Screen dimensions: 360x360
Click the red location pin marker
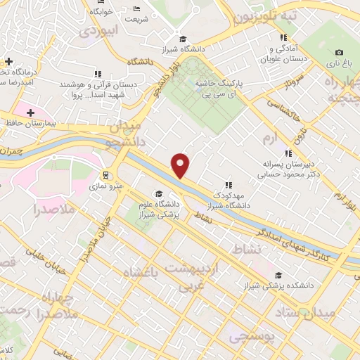[x=181, y=165]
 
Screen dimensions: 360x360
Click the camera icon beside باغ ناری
[x=340, y=53]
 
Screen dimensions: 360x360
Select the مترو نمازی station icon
[x=106, y=175]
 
